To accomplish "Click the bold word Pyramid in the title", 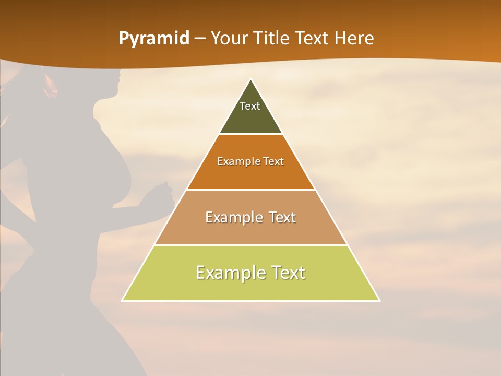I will pyautogui.click(x=154, y=39).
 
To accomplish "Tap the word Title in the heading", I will pyautogui.click(x=272, y=39).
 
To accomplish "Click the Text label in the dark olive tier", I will pyautogui.click(x=250, y=106).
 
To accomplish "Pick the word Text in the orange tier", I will pyautogui.click(x=273, y=161).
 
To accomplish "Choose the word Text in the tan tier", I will pyautogui.click(x=283, y=217).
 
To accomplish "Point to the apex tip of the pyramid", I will pyautogui.click(x=251, y=80).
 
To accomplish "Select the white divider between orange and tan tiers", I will pyautogui.click(x=251, y=190).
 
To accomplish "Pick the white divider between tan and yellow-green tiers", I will pyautogui.click(x=251, y=245).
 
